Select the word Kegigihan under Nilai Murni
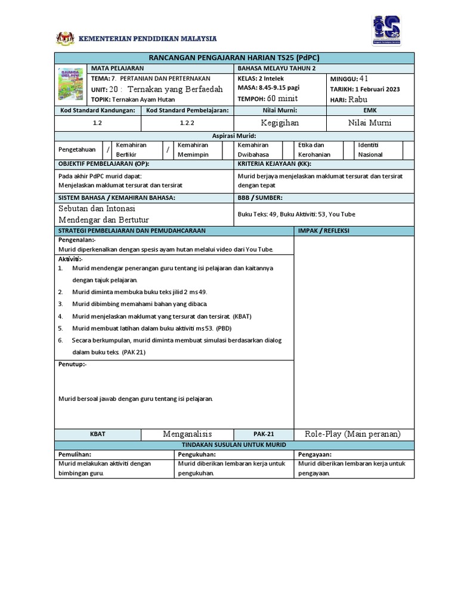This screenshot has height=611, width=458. point(280,123)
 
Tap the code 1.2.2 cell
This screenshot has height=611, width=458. point(188,123)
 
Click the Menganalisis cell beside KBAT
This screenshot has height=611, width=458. point(187,434)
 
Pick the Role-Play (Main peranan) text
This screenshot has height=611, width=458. point(352,434)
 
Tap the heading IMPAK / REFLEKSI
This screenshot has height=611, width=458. point(324,230)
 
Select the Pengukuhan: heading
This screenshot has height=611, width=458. point(197,454)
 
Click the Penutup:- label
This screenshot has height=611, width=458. point(72,363)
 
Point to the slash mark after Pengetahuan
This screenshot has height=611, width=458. point(108,150)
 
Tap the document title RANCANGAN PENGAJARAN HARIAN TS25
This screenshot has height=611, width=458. point(234,57)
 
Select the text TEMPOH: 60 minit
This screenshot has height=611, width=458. point(267,98)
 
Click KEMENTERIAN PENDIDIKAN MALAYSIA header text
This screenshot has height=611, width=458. point(148,39)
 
